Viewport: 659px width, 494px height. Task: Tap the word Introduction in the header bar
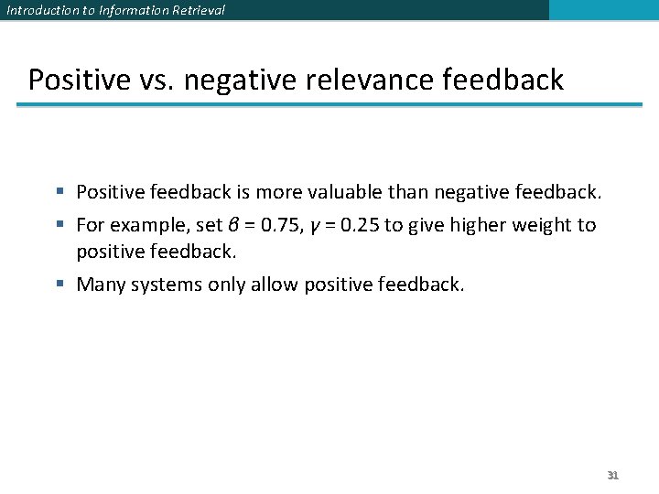39,10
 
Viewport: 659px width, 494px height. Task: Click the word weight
540,225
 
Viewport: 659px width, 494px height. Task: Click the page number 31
613,476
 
